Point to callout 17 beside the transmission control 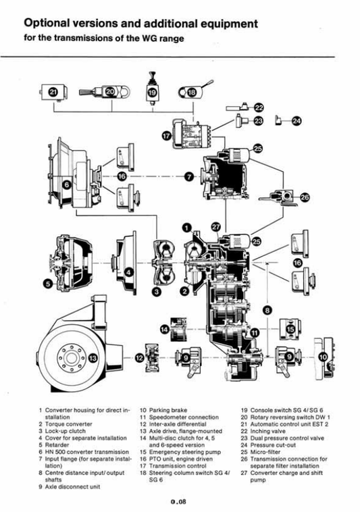(x=166, y=135)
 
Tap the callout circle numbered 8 (x=267, y=310)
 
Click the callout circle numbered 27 (x=215, y=227)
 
